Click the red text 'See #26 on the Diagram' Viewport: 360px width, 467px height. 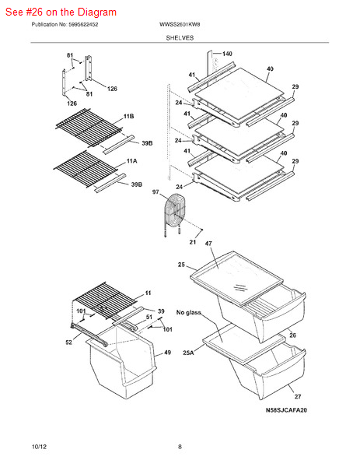[x=61, y=12]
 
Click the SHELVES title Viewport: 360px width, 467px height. [x=180, y=38]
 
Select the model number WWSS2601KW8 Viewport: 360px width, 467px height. [x=180, y=24]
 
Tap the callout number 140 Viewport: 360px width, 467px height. [x=227, y=54]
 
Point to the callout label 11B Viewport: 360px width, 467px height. [x=128, y=116]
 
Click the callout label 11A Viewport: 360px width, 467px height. [x=132, y=161]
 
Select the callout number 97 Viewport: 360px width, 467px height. [x=156, y=192]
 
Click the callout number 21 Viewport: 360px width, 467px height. [x=193, y=242]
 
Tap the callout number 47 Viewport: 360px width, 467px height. [x=208, y=244]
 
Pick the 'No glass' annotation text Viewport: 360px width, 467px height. [x=189, y=312]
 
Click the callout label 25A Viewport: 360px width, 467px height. [x=188, y=353]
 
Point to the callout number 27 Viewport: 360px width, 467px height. [x=298, y=396]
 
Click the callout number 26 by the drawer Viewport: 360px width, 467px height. [x=293, y=335]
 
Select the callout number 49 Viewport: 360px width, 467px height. [x=167, y=353]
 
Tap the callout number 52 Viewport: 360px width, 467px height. [x=68, y=342]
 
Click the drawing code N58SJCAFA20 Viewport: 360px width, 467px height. [x=286, y=410]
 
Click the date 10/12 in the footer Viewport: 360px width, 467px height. [x=40, y=447]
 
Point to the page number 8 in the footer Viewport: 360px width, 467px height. [x=180, y=447]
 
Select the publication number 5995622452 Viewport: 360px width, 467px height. [x=83, y=24]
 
